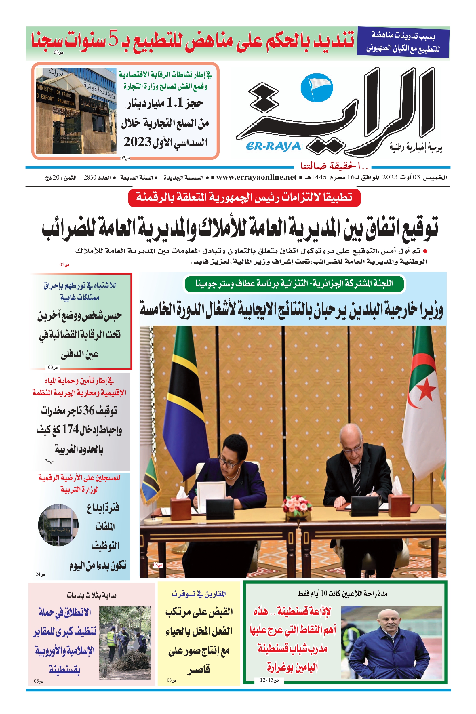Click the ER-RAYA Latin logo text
click(273, 146)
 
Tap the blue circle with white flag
click(317, 87)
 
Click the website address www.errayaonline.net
click(256, 177)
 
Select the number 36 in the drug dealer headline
click(89, 410)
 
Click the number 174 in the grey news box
click(70, 430)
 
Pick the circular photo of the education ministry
click(58, 525)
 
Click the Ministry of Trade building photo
click(76, 111)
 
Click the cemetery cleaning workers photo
click(125, 643)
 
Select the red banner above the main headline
click(244, 198)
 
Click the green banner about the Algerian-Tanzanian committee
click(294, 283)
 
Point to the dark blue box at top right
click(403, 43)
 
